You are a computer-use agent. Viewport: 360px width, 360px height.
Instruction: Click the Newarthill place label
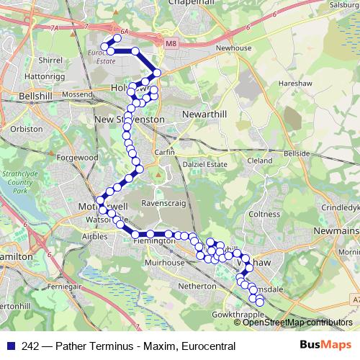[x=206, y=117]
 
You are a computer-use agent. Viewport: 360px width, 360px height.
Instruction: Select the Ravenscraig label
[x=165, y=202]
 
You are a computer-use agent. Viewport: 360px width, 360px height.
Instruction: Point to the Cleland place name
[x=260, y=161]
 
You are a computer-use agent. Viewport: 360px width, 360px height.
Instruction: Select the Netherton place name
[x=197, y=286]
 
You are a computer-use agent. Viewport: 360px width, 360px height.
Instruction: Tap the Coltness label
[x=264, y=214]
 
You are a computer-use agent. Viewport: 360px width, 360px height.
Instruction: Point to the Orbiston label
[x=26, y=130]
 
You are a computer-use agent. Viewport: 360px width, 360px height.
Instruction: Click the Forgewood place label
[x=78, y=157]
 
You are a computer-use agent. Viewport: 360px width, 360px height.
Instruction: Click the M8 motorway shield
[x=170, y=45]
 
